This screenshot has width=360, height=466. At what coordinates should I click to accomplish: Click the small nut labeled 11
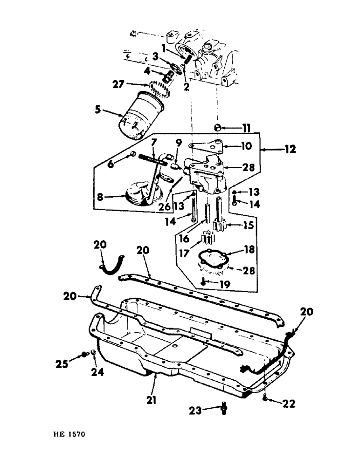(217, 127)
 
